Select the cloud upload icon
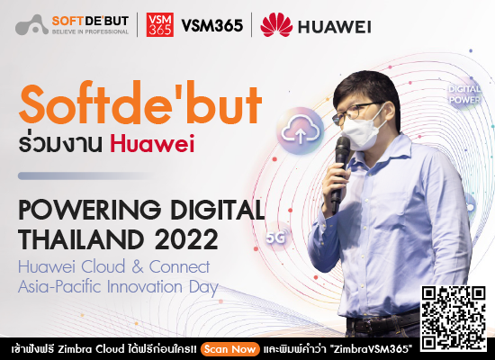(x=299, y=130)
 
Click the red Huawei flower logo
(x=275, y=25)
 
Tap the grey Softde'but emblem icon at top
(x=33, y=25)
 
